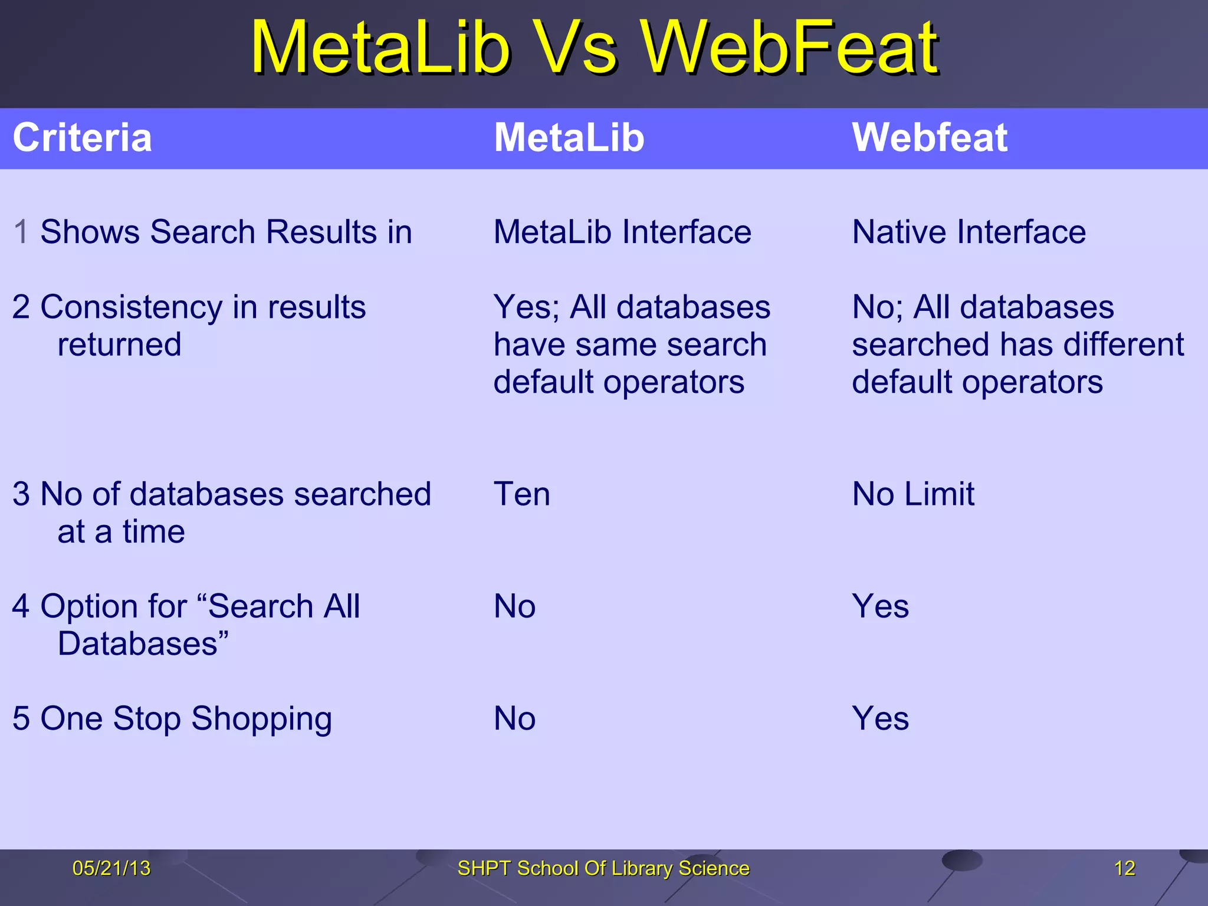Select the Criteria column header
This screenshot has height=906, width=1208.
83,138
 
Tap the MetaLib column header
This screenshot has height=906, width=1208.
569,138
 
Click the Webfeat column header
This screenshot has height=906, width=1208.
930,138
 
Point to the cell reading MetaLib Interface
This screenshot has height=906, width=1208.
622,232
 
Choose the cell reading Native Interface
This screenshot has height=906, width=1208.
969,232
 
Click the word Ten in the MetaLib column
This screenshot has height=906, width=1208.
521,494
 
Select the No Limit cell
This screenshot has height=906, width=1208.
913,494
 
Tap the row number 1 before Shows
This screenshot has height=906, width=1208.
21,232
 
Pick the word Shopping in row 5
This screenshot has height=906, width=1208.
261,720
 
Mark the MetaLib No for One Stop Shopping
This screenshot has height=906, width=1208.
514,719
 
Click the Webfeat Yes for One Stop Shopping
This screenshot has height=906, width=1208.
880,719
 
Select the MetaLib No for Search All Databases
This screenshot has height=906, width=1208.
514,607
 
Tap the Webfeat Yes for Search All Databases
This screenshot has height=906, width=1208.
880,607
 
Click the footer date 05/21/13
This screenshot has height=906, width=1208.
111,868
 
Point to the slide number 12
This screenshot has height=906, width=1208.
1124,868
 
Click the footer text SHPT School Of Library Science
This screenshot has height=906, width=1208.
603,868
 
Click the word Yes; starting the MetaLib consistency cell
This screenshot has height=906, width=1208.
526,308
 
